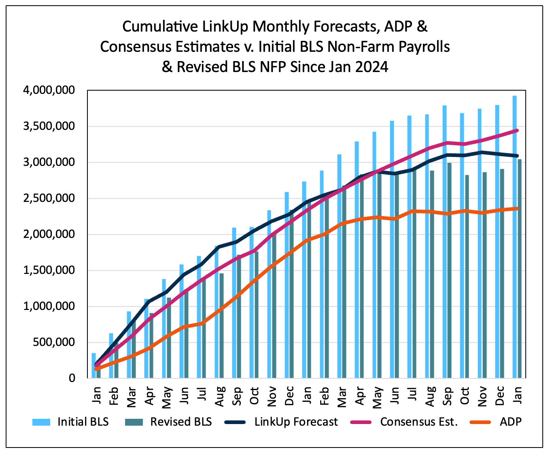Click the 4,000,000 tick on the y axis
[49, 90]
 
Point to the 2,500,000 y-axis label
[49, 198]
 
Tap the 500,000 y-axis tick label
[55, 342]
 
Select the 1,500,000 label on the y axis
[49, 270]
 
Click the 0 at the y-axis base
[72, 378]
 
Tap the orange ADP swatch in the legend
[480, 422]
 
